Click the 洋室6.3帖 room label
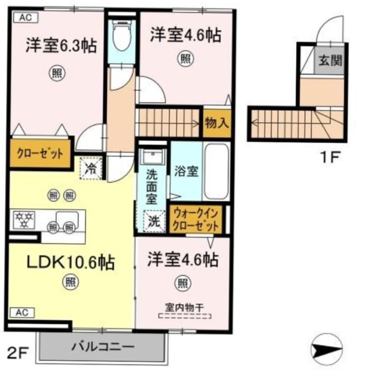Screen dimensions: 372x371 pos(61,45)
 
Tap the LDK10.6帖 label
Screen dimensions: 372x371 pos(71,262)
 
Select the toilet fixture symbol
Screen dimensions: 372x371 pos(122,35)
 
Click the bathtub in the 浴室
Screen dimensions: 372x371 pos(217,171)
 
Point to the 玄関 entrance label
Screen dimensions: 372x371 pos(330,60)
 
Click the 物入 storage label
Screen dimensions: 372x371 pos(217,123)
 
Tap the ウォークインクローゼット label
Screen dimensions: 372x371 pos(196,220)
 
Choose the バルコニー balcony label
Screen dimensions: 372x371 pos(103,347)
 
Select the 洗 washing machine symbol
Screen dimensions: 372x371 pos(154,221)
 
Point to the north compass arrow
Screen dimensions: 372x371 pos(327,350)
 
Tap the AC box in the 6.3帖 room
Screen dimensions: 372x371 pos(26,18)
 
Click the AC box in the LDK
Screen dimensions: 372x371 pos(23,313)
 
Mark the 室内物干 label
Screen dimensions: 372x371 pos(184,308)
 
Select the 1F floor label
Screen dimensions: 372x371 pos(331,157)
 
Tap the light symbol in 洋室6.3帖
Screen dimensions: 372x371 pos(57,73)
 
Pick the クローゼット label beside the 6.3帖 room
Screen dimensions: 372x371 pos(41,154)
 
